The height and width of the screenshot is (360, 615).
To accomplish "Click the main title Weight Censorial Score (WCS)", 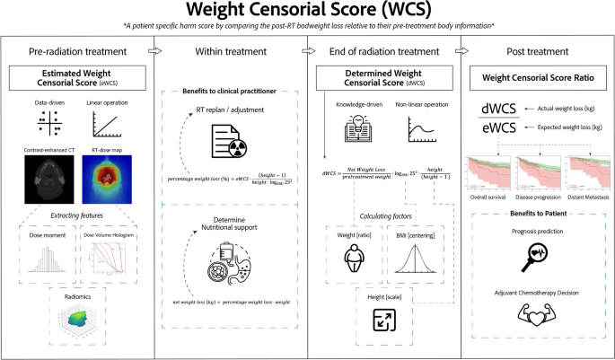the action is (x=307, y=12).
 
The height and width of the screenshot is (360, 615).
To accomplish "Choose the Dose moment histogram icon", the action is (x=47, y=263).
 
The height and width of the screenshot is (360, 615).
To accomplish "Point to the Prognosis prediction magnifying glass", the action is (x=536, y=258).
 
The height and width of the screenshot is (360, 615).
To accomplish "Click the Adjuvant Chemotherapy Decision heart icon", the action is (x=536, y=319).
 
